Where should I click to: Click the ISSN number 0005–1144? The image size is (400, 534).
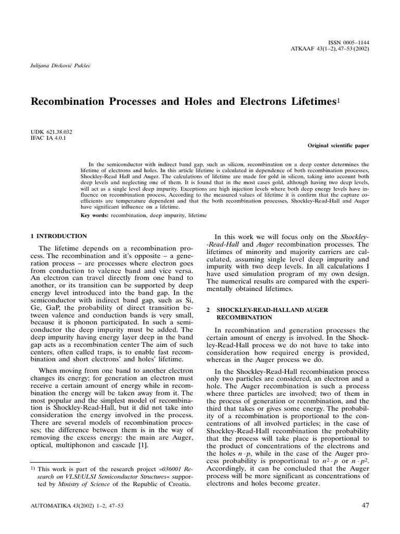tap(354, 41)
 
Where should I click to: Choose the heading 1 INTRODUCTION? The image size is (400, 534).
tap(58, 236)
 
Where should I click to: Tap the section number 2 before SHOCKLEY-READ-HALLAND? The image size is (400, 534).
tap(208, 310)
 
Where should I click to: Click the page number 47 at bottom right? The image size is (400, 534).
tap(364, 505)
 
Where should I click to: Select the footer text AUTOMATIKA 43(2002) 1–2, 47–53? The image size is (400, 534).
tap(77, 506)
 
